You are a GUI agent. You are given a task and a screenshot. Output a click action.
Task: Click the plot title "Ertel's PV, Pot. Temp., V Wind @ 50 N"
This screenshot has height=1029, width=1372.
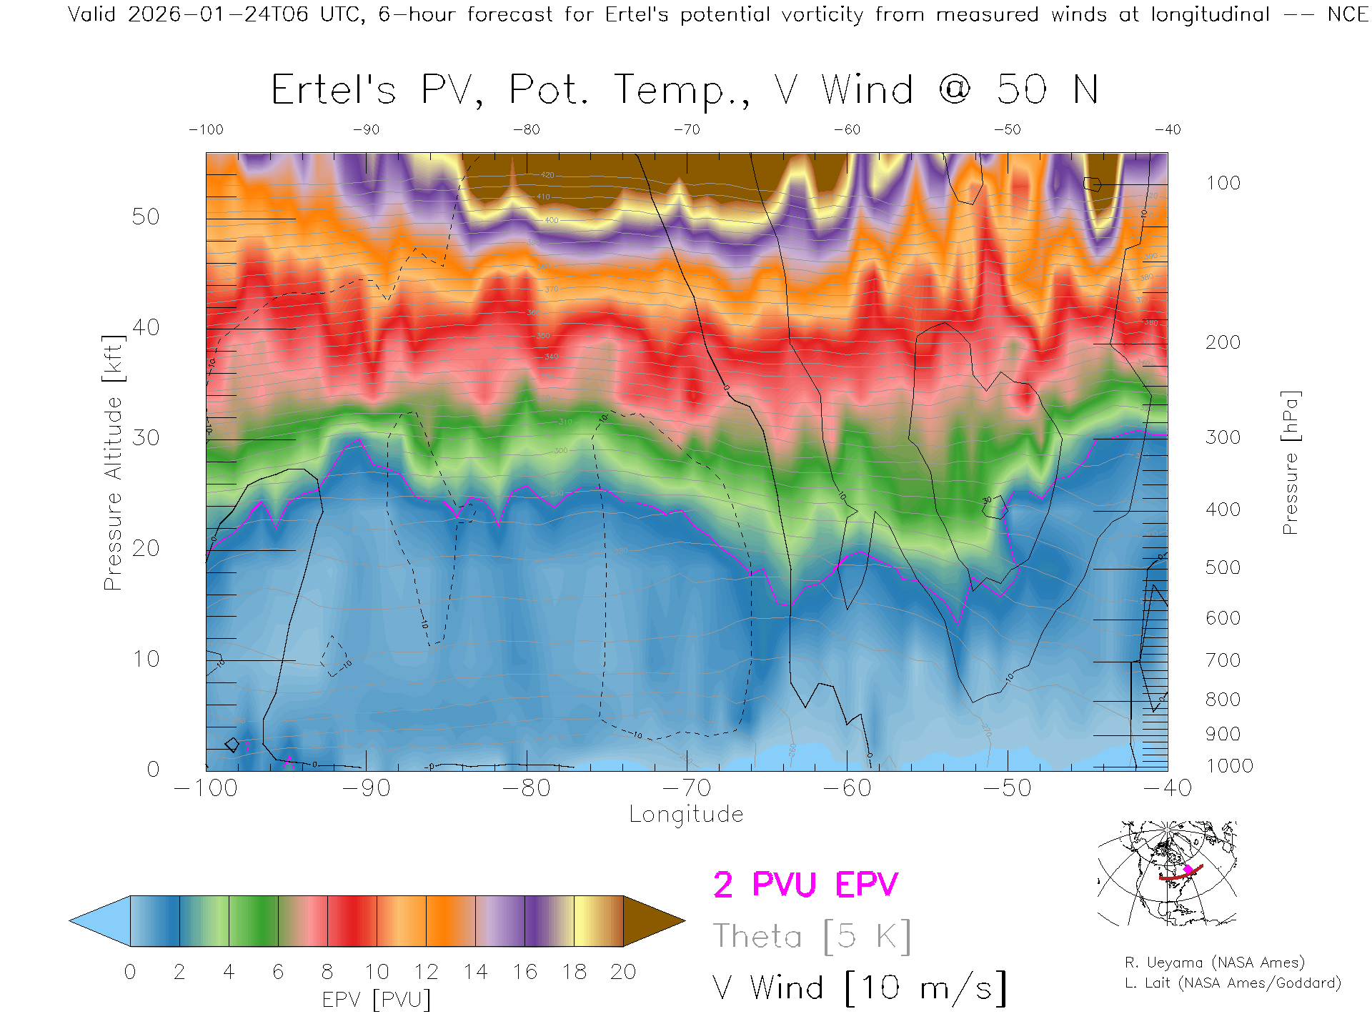point(684,91)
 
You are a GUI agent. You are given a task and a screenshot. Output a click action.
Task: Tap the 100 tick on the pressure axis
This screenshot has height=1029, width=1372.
point(1223,184)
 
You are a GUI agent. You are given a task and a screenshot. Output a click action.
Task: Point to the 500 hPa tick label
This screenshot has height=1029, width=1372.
point(1223,568)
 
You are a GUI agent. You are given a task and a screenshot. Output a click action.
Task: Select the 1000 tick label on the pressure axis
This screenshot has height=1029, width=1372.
point(1229,766)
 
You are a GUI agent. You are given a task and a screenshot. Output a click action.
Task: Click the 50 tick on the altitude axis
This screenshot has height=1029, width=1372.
point(145,217)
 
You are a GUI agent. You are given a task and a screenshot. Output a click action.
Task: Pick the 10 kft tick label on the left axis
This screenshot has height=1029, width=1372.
point(145,659)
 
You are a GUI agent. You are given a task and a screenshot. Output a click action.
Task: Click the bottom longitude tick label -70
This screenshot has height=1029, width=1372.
point(687,788)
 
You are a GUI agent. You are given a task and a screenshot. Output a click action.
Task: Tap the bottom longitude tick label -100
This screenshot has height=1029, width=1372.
point(206,788)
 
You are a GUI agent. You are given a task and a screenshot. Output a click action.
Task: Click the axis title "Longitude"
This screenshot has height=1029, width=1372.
point(686,815)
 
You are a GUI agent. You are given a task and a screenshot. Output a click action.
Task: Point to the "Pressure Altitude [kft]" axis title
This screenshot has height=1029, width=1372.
point(113,462)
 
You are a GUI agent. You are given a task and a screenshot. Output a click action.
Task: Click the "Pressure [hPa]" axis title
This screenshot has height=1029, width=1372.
point(1290,462)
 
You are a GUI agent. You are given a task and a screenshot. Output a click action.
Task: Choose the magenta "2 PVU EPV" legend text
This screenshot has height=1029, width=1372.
point(805,885)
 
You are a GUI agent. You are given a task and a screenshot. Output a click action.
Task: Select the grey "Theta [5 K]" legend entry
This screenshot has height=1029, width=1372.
point(812,936)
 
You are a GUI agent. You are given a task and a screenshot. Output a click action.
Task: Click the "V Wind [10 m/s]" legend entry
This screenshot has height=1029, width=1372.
point(859,988)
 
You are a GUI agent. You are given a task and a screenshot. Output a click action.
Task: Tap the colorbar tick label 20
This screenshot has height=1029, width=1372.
point(623,972)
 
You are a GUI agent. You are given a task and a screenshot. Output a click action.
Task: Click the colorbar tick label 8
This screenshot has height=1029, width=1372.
point(327,972)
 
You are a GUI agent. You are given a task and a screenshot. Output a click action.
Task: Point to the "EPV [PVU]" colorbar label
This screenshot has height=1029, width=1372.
point(377,1000)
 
